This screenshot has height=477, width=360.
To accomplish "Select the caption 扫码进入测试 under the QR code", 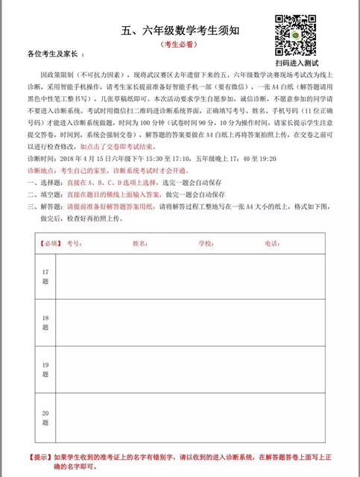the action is (x=297, y=63).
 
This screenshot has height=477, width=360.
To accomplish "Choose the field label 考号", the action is (x=73, y=243).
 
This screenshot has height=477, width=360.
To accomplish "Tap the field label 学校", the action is (x=205, y=243).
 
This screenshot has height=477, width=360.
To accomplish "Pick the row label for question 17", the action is (x=45, y=277).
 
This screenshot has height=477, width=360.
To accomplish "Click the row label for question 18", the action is (x=45, y=322).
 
